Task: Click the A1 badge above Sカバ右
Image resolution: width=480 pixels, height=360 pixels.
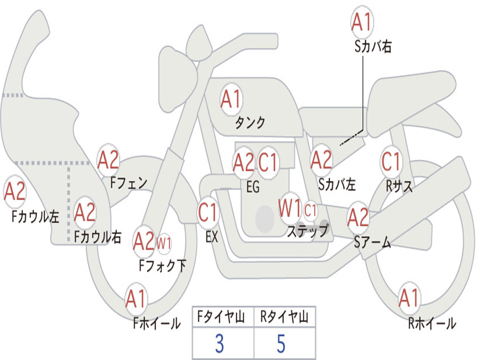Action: click(x=362, y=22)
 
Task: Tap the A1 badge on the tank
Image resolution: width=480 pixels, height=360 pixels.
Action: click(x=232, y=99)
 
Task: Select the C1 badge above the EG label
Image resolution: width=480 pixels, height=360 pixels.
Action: click(x=268, y=162)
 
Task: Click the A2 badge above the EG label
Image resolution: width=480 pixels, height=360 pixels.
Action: click(x=243, y=162)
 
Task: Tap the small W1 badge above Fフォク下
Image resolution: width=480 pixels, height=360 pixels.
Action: click(x=164, y=244)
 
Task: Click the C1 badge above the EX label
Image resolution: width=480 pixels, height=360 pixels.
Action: click(x=208, y=212)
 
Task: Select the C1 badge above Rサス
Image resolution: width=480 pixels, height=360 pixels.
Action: click(x=391, y=161)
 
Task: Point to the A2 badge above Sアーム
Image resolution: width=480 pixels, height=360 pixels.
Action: click(x=358, y=217)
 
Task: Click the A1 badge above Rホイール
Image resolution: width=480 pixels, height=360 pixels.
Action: click(x=409, y=298)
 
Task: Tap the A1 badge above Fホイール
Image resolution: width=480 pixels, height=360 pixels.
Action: click(x=135, y=299)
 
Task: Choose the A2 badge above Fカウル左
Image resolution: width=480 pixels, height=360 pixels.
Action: click(x=15, y=191)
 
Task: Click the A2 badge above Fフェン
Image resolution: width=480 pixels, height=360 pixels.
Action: click(x=108, y=160)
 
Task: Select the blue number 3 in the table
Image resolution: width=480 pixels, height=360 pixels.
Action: click(x=220, y=344)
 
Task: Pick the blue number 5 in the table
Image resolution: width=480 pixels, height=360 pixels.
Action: click(x=281, y=344)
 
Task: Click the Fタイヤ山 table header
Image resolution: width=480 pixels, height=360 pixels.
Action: click(x=221, y=317)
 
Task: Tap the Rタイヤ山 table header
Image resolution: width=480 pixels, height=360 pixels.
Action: click(x=285, y=317)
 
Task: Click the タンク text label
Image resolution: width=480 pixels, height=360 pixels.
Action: click(x=250, y=122)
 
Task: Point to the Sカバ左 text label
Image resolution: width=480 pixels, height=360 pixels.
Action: click(x=337, y=184)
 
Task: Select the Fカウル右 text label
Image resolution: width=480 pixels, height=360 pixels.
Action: click(x=97, y=237)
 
